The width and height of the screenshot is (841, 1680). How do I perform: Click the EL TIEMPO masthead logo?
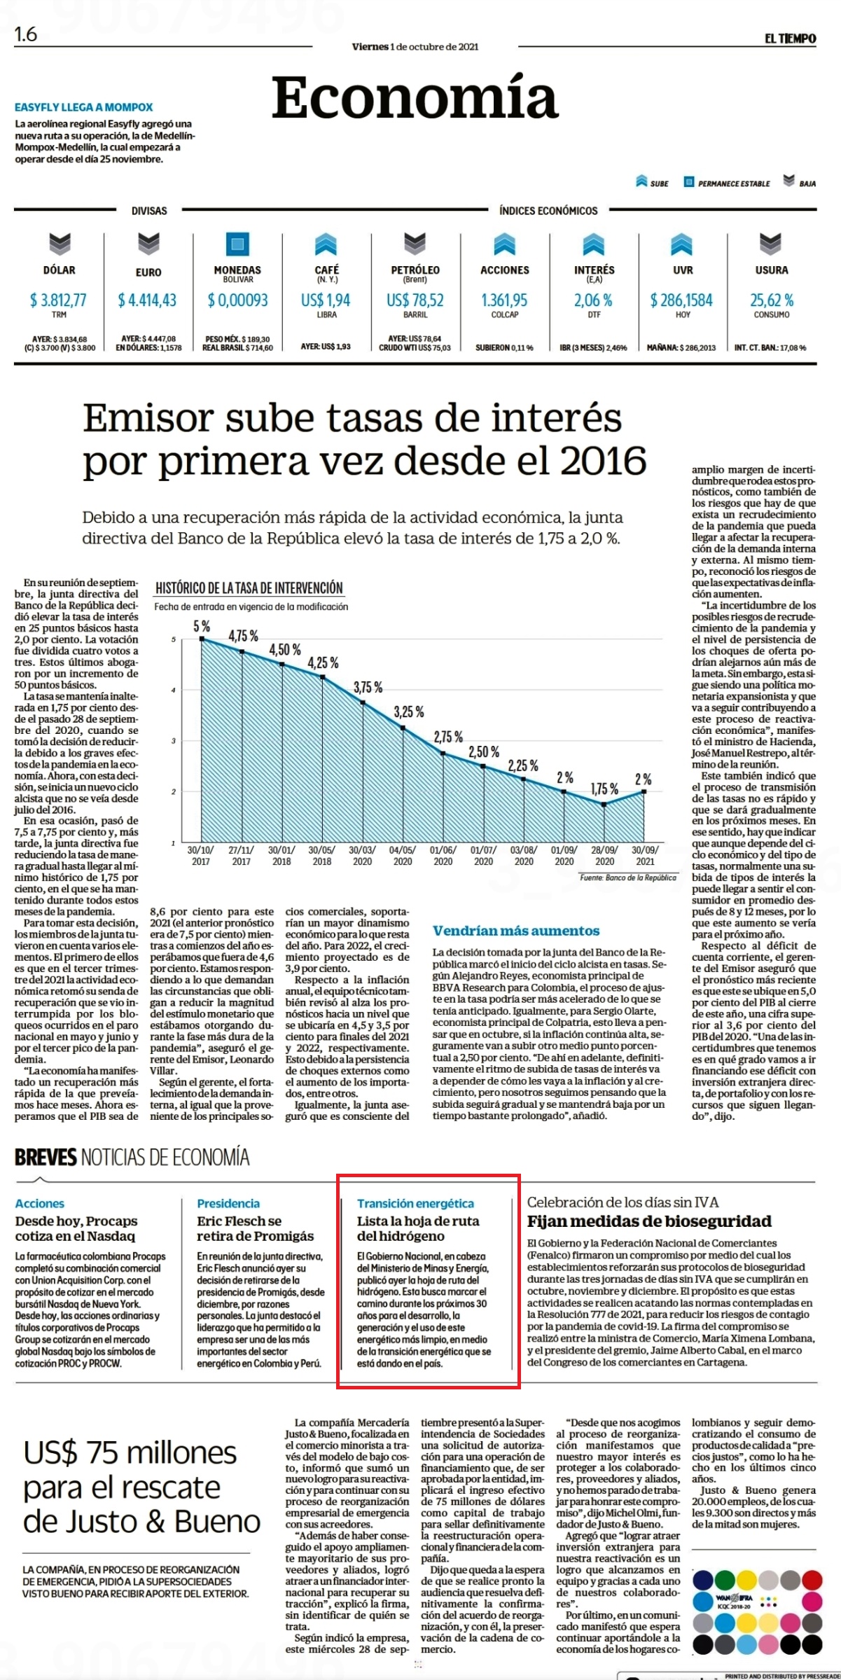coord(790,39)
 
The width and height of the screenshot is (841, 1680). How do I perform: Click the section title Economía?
coord(415,97)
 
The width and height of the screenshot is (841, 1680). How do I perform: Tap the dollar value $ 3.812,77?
coord(58,300)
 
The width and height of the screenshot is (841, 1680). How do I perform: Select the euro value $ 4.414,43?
coord(147,300)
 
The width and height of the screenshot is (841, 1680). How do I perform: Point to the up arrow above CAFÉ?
coord(326,244)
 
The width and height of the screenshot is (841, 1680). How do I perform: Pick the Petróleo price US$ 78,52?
coord(415,300)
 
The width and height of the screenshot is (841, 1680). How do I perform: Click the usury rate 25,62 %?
coord(772,300)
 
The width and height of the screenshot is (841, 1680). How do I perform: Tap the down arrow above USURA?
coord(771,244)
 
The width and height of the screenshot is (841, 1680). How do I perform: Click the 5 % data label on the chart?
coord(202,627)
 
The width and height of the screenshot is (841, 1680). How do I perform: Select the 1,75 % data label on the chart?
coord(604,789)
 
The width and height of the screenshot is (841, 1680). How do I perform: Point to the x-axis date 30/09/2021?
coord(645,856)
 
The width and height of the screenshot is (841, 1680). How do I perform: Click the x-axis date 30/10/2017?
coord(201,856)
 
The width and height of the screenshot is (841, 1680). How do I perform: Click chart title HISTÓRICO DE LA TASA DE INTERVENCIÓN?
coord(249,588)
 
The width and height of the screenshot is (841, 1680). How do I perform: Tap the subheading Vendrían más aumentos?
coord(516,931)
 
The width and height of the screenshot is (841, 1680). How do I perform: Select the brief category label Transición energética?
coord(415,1203)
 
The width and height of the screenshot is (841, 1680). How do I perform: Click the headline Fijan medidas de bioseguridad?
coord(649,1221)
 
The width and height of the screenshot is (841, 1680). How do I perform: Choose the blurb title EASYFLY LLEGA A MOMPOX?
coord(84,107)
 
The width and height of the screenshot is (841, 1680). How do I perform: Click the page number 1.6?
coord(26,34)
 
